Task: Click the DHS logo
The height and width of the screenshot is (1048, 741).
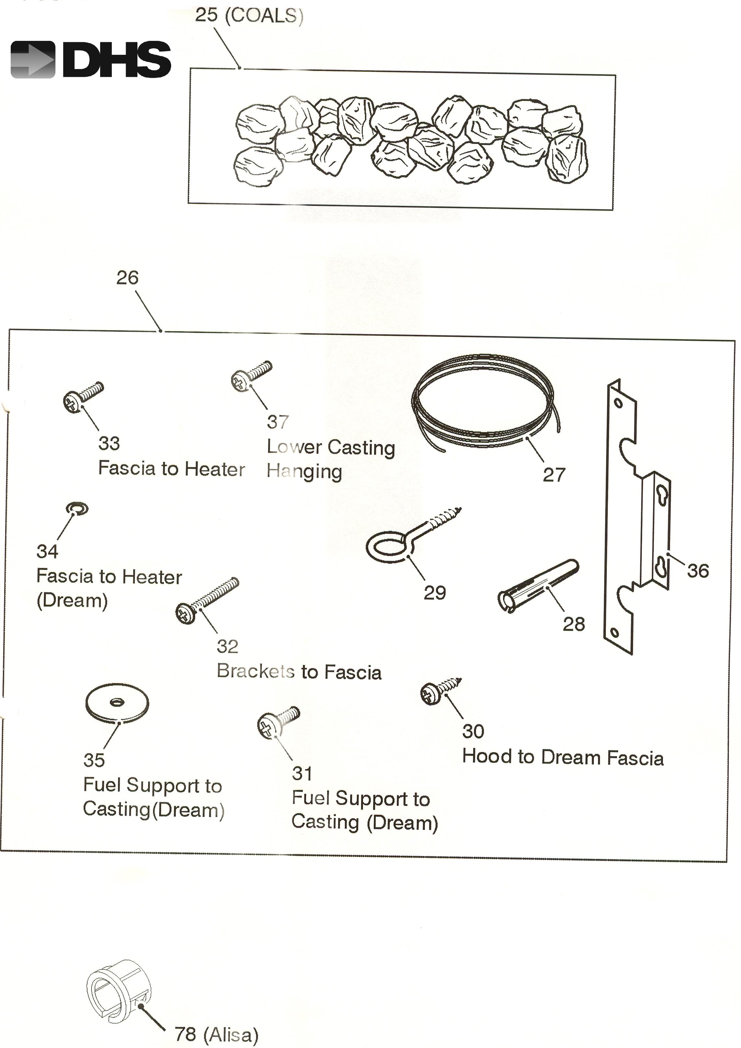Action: point(90,59)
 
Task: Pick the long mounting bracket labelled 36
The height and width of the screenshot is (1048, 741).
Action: point(637,516)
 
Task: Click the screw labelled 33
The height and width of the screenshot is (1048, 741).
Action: point(82,397)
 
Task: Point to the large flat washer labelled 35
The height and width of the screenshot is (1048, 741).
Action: point(117,703)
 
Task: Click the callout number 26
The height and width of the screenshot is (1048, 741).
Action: point(127,278)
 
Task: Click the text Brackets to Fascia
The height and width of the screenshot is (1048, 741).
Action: point(299,672)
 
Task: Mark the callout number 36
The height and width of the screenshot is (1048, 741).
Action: point(698,571)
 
